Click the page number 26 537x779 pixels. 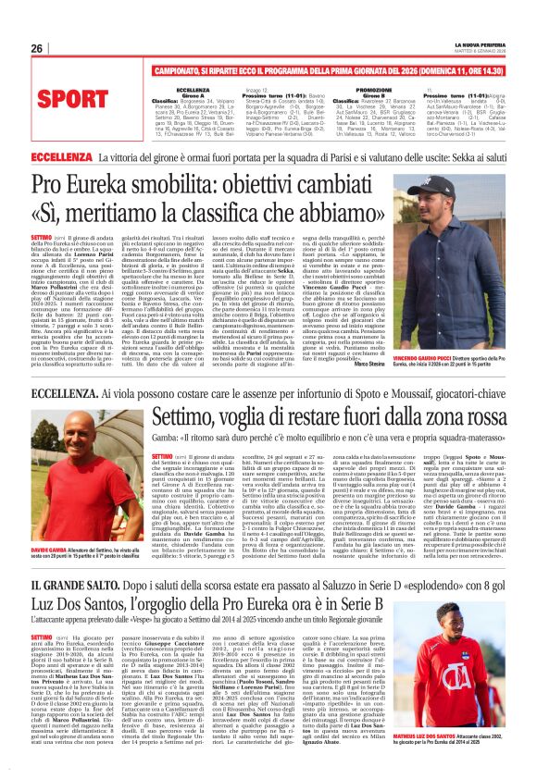coord(36,48)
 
